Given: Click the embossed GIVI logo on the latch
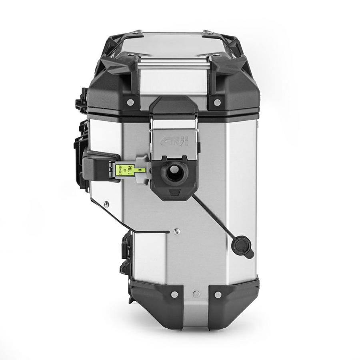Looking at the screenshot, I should click(175, 142).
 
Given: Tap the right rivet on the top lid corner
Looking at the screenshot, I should click(217, 103).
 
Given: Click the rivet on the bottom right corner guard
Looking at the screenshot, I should click(218, 295).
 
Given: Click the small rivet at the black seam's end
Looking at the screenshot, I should click(176, 231).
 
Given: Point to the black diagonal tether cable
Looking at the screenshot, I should click(212, 218).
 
